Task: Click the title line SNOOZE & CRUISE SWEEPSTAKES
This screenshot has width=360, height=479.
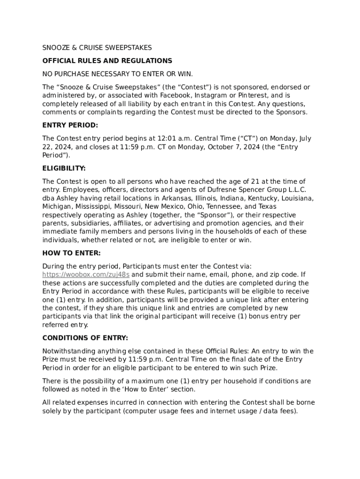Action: click(97, 48)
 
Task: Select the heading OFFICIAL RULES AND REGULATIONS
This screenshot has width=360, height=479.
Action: click(107, 61)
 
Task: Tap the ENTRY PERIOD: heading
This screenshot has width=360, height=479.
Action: click(70, 125)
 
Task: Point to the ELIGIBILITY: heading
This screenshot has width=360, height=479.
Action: click(64, 168)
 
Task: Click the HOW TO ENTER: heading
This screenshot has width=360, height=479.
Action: click(72, 253)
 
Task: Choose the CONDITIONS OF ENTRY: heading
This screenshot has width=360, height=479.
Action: click(85, 338)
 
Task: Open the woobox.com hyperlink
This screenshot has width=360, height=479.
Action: click(86, 275)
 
